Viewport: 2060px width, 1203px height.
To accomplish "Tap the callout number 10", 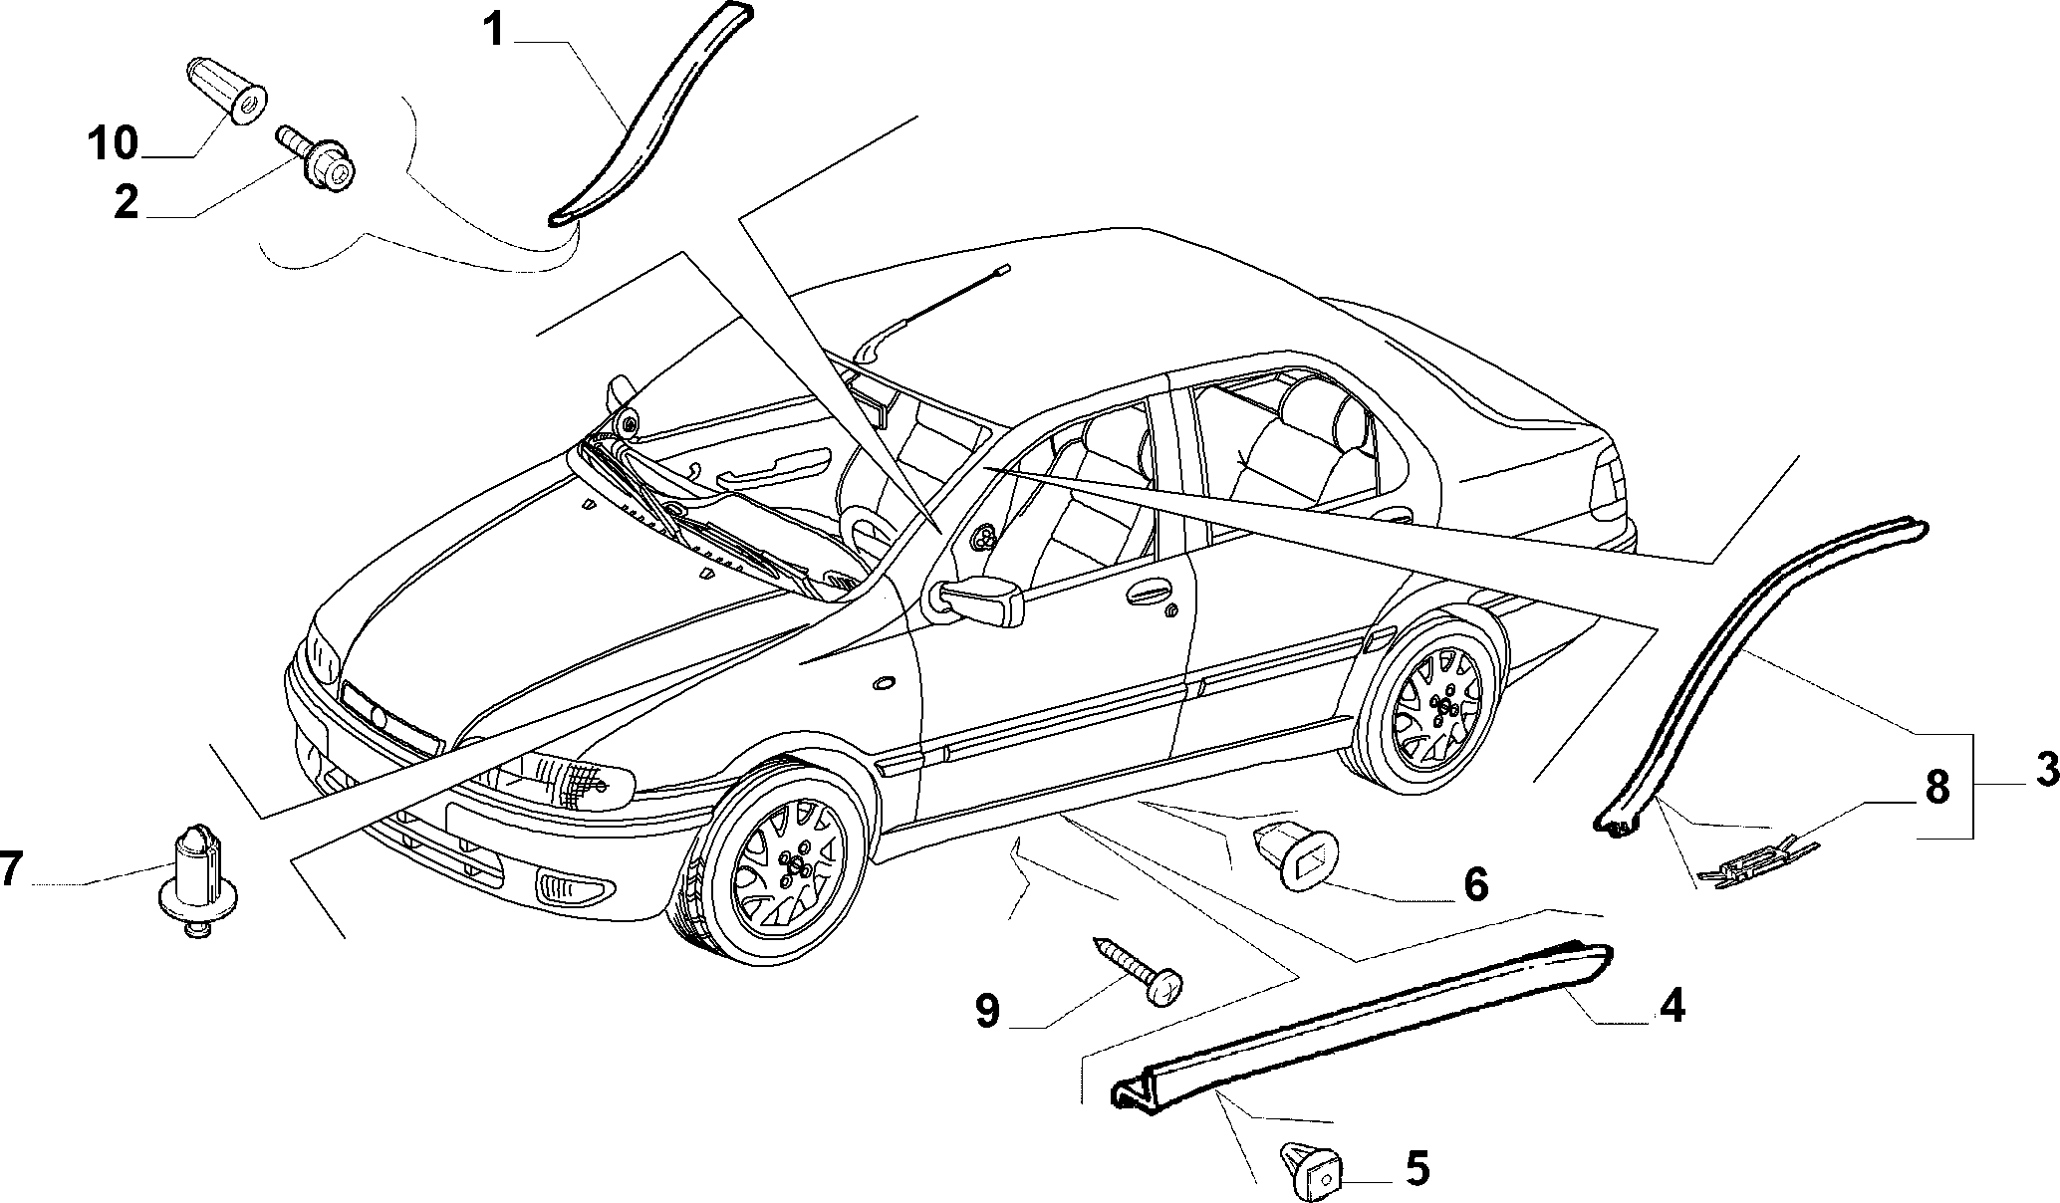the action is coord(112,143).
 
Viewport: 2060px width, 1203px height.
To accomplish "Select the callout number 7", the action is coord(10,869).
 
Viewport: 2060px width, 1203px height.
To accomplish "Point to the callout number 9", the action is coord(987,1012).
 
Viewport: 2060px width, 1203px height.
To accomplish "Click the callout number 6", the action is coord(1474,883).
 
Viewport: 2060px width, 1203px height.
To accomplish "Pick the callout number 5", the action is coord(1416,1168).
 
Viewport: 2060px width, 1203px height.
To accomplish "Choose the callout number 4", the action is coord(1671,1006).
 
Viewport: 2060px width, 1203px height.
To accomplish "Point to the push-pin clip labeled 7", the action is coord(197,880).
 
